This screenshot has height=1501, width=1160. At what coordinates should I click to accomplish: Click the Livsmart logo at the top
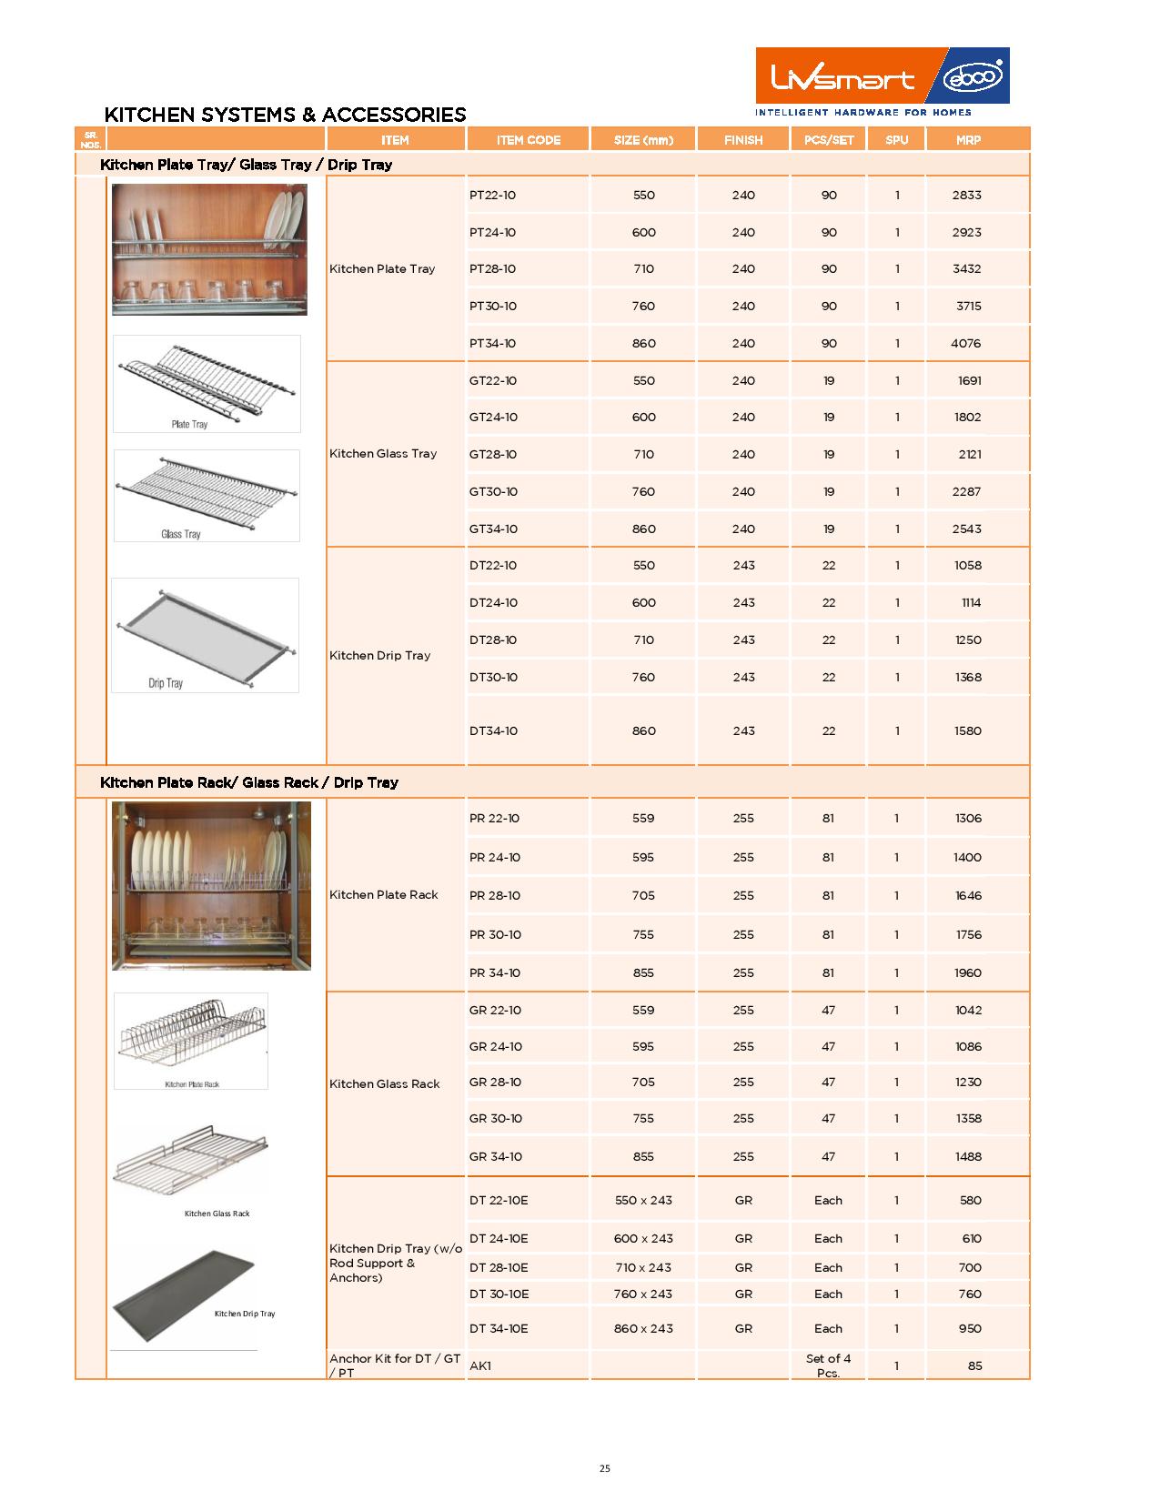coord(882,76)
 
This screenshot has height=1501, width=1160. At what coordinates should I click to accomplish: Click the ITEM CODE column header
coord(528,140)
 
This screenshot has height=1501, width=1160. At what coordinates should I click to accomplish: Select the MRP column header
coord(967,140)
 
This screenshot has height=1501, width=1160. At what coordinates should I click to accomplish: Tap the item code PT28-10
coord(492,269)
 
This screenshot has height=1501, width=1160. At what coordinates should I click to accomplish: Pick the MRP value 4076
coord(966,344)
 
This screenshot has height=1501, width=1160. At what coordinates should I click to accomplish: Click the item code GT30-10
coord(493,492)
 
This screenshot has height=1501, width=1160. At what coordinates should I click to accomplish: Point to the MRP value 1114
coord(971,603)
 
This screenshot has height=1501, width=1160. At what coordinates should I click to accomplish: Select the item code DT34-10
coord(493,731)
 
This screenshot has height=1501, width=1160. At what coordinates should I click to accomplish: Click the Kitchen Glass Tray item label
coord(383,454)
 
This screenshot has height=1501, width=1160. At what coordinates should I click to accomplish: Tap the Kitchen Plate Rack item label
coord(384,895)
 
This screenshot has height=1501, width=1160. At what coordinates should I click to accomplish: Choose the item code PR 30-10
coord(495,935)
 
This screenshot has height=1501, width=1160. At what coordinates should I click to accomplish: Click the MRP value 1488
coord(968,1157)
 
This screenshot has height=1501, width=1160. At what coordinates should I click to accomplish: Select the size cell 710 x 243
coord(643,1268)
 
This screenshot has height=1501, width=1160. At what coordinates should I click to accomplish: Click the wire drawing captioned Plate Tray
coord(207,382)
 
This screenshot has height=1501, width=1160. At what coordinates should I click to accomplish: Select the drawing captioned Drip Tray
coord(205,634)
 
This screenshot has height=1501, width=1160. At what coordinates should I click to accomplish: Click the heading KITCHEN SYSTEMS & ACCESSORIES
coord(285,115)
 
